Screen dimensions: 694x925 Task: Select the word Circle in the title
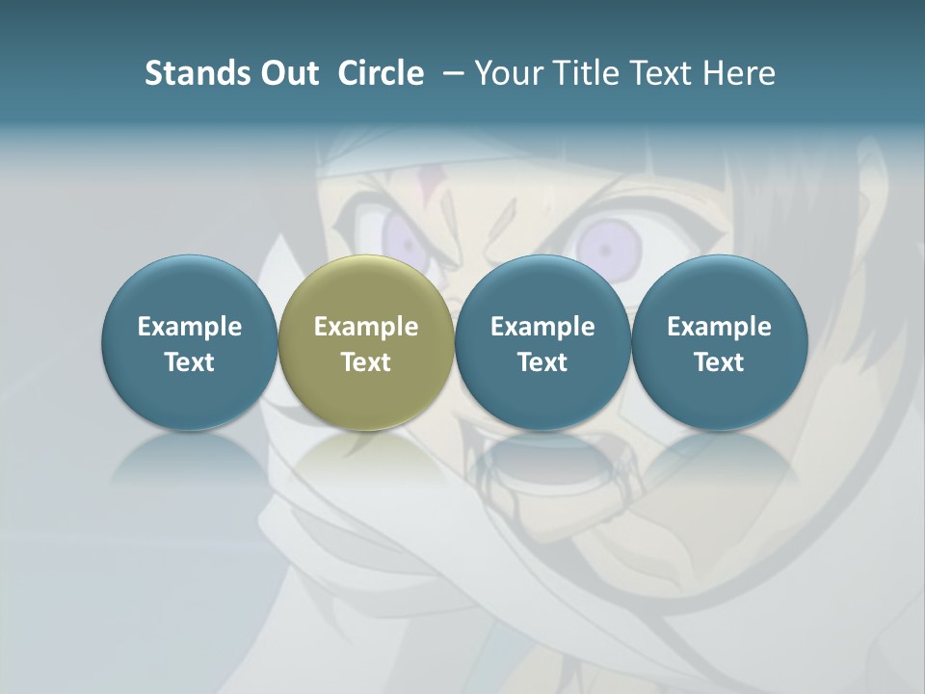point(381,73)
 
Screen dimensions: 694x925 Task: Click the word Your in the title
point(507,73)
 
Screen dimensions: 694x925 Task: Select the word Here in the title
point(739,73)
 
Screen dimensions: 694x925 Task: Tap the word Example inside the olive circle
point(366,327)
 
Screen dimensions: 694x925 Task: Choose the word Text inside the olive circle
point(366,362)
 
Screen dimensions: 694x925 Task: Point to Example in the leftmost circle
point(189,327)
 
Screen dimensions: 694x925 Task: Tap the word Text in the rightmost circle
point(720,362)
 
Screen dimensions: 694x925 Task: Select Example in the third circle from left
point(542,327)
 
